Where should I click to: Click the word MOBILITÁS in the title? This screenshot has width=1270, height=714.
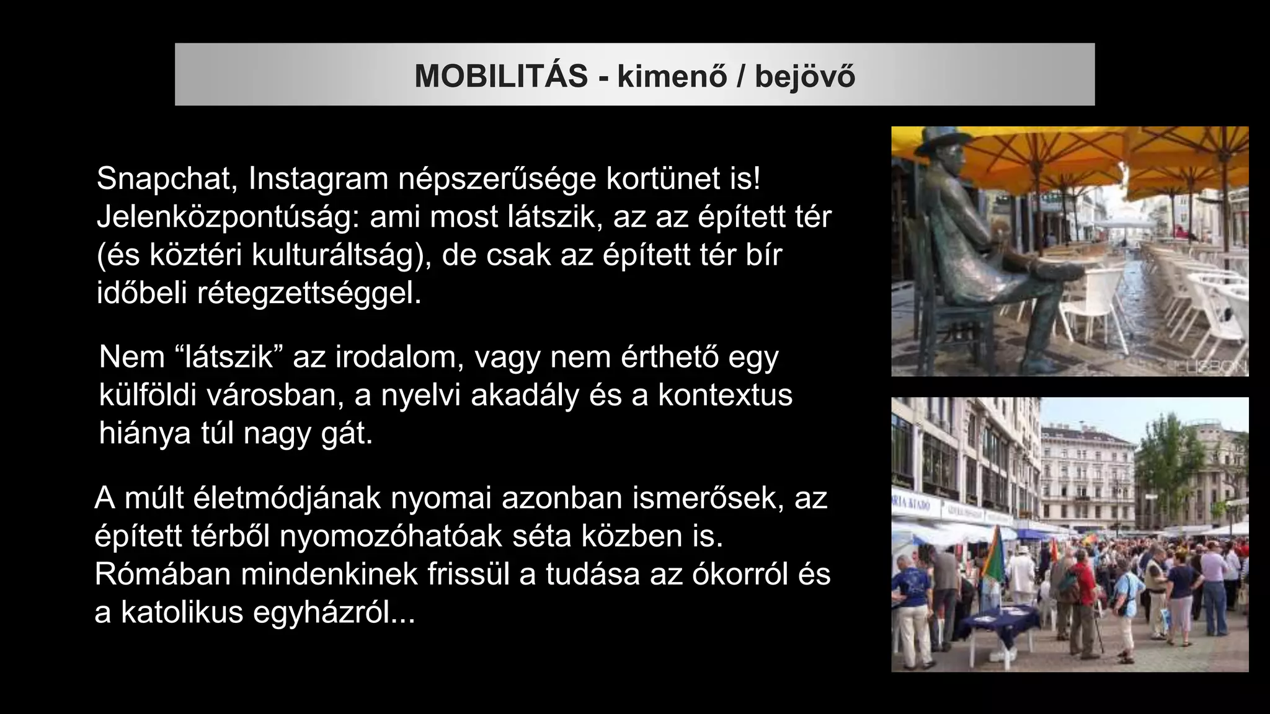(x=501, y=76)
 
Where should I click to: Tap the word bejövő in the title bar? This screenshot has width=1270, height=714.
(x=805, y=76)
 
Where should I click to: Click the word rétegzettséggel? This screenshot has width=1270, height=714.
(x=309, y=294)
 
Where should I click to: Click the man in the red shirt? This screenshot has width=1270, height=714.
(x=1082, y=583)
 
